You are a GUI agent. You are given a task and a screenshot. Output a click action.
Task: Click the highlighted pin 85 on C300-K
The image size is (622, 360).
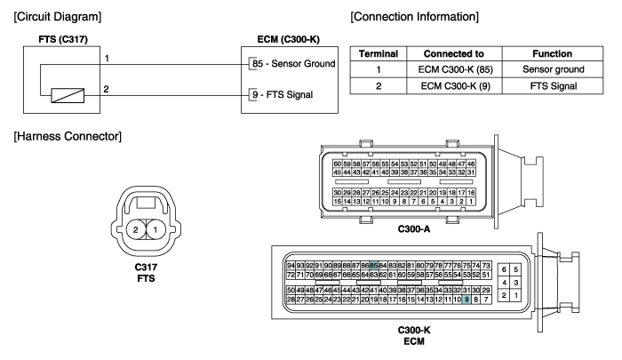374,266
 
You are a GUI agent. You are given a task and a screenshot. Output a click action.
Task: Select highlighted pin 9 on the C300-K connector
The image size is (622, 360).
466,300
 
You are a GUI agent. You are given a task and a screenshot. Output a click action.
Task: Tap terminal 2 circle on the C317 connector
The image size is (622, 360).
136,229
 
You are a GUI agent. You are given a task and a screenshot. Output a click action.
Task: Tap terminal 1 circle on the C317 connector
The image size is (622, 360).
155,229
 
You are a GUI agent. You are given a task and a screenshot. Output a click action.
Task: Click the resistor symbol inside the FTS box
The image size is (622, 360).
68,95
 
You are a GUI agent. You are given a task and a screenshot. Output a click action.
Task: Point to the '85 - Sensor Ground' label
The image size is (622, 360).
293,63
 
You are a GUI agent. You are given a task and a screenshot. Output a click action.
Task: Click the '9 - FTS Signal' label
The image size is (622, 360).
283,94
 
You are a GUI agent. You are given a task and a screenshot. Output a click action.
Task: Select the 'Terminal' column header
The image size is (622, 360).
379,53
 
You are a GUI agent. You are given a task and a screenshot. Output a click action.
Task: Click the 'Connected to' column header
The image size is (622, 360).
454,53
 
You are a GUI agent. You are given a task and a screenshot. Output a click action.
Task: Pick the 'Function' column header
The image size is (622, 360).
552,53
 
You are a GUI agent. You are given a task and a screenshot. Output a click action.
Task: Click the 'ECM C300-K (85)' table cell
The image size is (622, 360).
455,69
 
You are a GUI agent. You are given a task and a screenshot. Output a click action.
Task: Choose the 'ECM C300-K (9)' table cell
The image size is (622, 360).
455,86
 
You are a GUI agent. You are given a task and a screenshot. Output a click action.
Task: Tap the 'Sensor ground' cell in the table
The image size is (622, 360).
554,69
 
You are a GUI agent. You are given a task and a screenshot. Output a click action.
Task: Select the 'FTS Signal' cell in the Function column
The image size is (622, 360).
554,86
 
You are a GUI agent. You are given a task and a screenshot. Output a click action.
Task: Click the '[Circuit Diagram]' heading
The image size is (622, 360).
58,17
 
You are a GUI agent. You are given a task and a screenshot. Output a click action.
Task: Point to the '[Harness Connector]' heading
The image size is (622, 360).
68,136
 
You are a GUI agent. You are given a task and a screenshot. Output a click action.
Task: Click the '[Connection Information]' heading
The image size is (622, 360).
415,17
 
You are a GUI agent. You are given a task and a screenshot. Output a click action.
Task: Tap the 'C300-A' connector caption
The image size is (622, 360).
414,229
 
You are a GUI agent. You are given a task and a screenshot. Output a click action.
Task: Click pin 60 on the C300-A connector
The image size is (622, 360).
337,164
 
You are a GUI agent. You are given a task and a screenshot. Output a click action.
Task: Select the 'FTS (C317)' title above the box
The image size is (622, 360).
63,39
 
